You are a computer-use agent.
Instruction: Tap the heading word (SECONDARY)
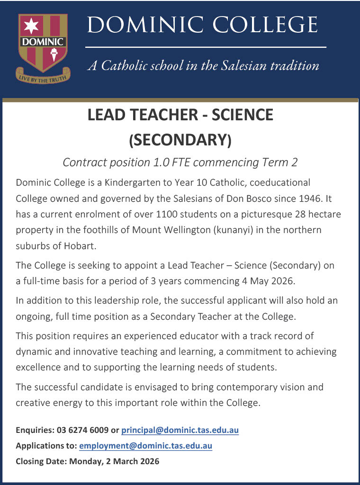click(180, 140)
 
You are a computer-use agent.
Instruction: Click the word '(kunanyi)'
click(221, 230)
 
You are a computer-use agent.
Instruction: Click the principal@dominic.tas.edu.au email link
click(180, 430)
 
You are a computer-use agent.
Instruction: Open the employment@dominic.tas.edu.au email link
click(145, 446)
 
